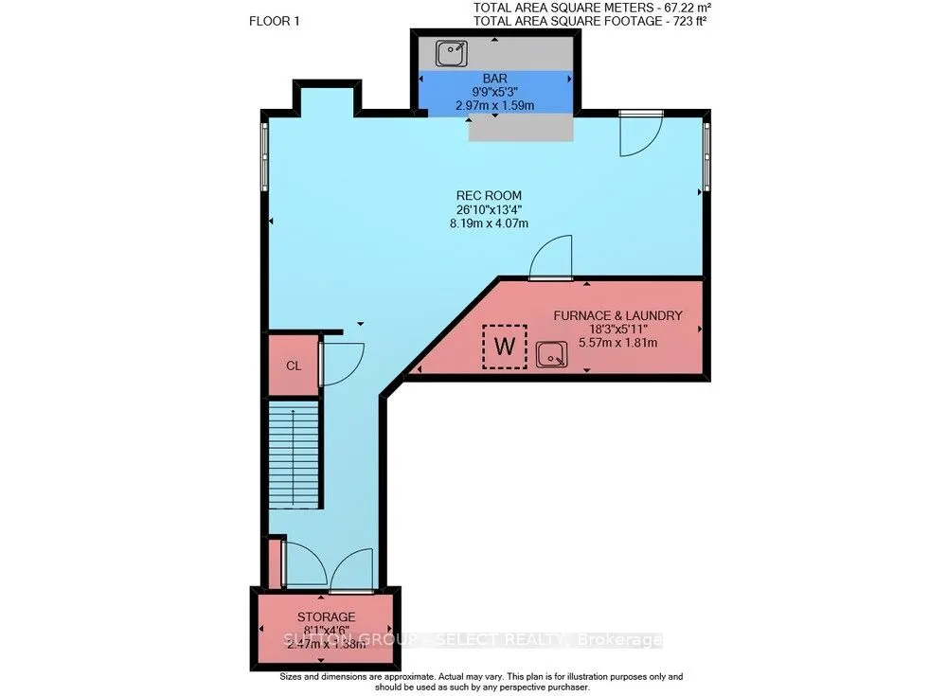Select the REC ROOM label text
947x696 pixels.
click(489, 196)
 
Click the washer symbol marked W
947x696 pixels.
click(505, 347)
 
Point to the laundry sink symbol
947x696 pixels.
click(551, 355)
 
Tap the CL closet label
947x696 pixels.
click(294, 365)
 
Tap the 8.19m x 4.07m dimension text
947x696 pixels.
click(489, 223)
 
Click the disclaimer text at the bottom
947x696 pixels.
click(473, 683)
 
